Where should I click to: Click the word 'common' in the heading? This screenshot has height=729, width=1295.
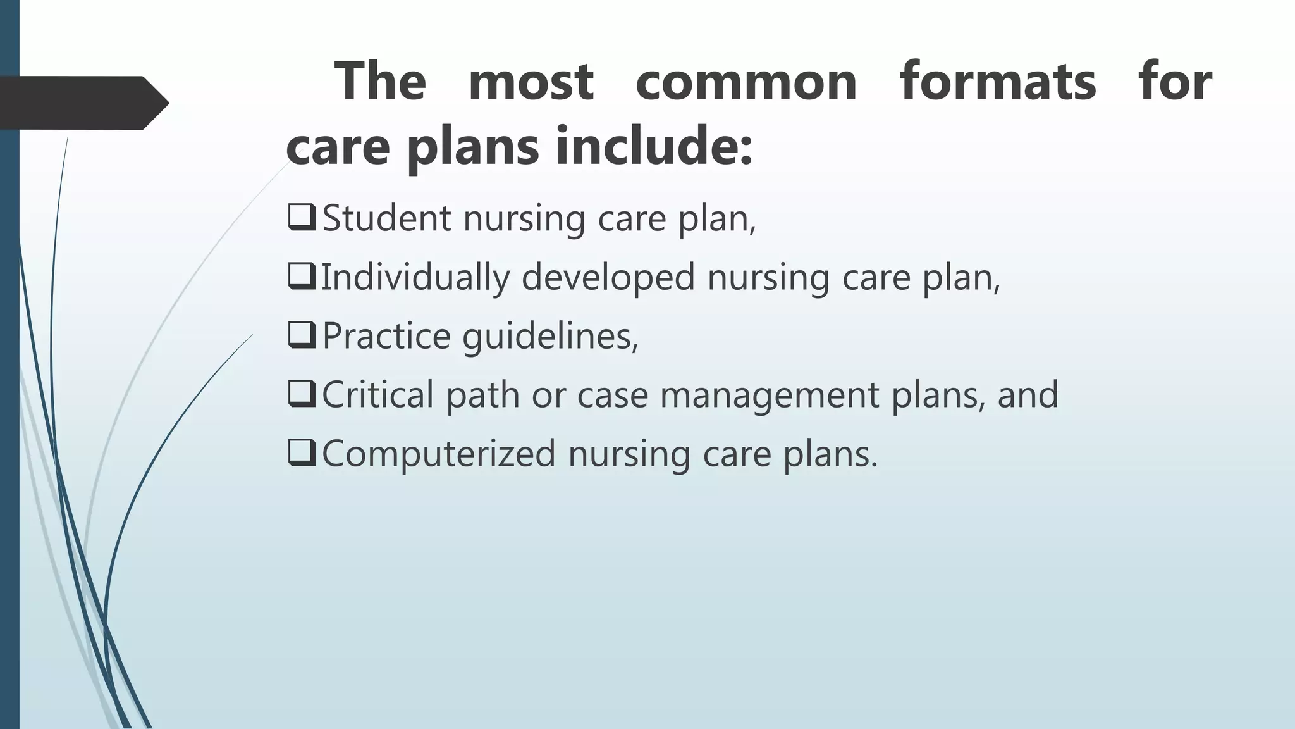[746, 82]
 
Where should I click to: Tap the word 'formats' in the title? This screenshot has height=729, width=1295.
[997, 82]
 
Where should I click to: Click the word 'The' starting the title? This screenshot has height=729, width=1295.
[380, 82]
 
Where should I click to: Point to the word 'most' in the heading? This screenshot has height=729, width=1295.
[531, 82]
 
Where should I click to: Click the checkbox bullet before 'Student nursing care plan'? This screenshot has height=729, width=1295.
[301, 217]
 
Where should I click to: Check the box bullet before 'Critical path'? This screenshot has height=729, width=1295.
[301, 394]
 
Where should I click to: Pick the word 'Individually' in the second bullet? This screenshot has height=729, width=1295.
[415, 278]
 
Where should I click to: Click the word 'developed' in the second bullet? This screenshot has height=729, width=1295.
[608, 278]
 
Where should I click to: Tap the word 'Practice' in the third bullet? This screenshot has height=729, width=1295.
[386, 336]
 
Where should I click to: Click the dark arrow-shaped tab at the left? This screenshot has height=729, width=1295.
[79, 103]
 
